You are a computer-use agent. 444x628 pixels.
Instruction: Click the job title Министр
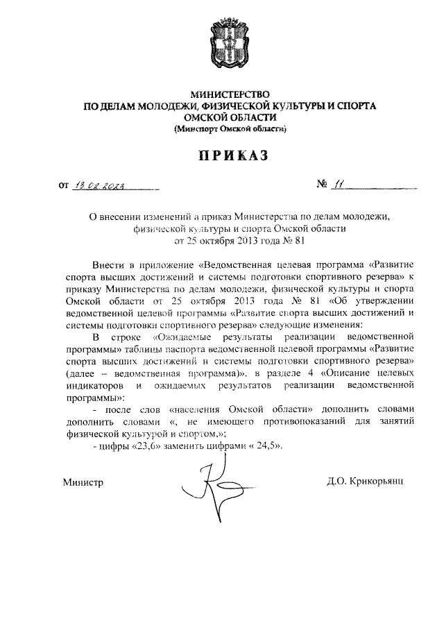[83, 481]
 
